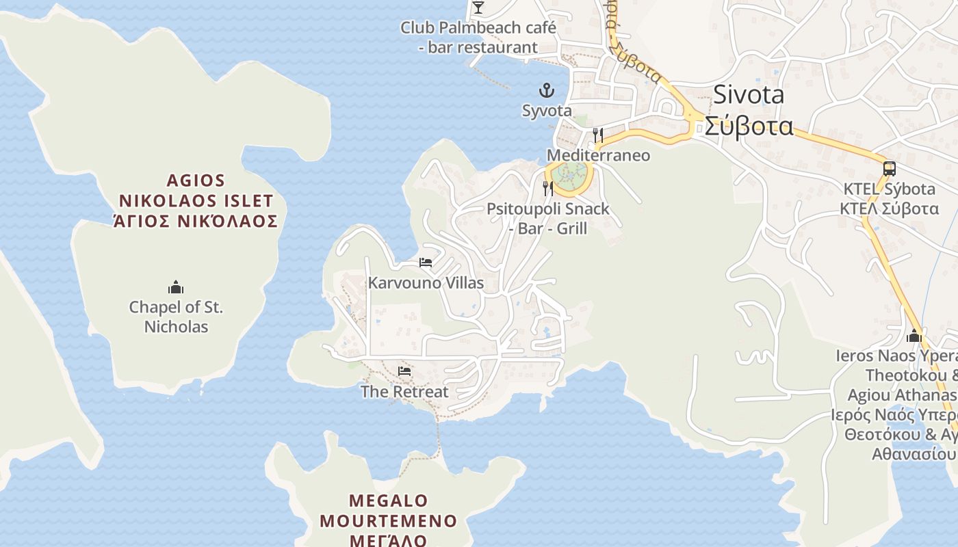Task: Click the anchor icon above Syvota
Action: pyautogui.click(x=547, y=90)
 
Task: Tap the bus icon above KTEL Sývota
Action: pyautogui.click(x=889, y=168)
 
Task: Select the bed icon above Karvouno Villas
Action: pyautogui.click(x=426, y=263)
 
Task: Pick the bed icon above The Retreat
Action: pyautogui.click(x=404, y=371)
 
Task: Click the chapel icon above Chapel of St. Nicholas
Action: pyautogui.click(x=176, y=286)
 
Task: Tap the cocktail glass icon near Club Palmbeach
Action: pyautogui.click(x=478, y=8)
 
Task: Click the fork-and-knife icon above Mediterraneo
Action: pyautogui.click(x=598, y=135)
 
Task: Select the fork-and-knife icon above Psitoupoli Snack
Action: pyautogui.click(x=548, y=188)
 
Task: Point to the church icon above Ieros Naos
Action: pyautogui.click(x=914, y=336)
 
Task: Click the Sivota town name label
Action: pyautogui.click(x=749, y=95)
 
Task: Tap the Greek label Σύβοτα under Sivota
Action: pyautogui.click(x=749, y=126)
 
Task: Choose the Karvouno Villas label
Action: pyautogui.click(x=426, y=283)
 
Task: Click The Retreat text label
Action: pyautogui.click(x=404, y=392)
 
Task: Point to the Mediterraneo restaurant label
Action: pyautogui.click(x=598, y=155)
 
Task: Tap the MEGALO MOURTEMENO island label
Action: pyautogui.click(x=388, y=511)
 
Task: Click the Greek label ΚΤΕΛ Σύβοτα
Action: pyautogui.click(x=889, y=209)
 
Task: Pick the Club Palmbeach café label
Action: pyautogui.click(x=478, y=28)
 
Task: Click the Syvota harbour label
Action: pyautogui.click(x=547, y=111)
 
